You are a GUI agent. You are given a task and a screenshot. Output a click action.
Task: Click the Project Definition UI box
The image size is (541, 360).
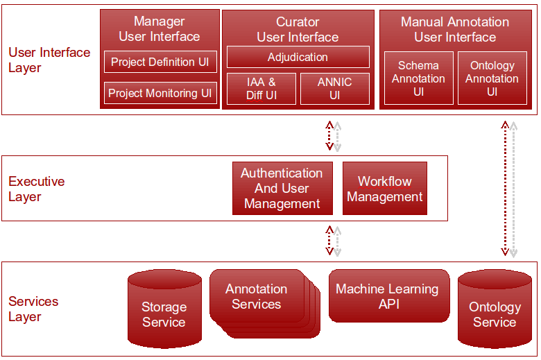(160, 62)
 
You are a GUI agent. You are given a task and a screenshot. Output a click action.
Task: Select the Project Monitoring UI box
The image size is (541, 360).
(160, 93)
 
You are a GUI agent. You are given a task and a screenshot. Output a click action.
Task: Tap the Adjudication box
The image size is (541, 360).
(298, 57)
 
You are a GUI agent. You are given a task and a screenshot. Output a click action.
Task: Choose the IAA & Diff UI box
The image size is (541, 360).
(261, 88)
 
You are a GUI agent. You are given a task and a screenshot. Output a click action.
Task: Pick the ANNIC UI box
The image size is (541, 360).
(334, 88)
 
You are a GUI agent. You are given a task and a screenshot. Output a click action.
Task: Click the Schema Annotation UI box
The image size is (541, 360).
(418, 78)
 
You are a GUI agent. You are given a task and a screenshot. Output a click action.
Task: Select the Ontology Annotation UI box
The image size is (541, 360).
(492, 78)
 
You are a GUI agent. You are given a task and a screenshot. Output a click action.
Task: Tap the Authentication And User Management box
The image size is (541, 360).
(282, 188)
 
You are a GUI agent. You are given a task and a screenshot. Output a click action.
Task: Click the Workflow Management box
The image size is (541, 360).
(385, 189)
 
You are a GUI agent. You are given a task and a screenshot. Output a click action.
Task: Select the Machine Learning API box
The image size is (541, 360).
(387, 296)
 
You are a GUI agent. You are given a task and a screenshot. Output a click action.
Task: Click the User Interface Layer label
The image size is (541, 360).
(49, 60)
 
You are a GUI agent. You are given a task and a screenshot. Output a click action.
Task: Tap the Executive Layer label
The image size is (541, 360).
(36, 189)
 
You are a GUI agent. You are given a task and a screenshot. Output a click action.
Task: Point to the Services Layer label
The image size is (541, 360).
(33, 309)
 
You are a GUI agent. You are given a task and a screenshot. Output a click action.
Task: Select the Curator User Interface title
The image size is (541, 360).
(298, 30)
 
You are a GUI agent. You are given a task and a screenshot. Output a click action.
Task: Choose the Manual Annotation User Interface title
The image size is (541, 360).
(455, 29)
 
